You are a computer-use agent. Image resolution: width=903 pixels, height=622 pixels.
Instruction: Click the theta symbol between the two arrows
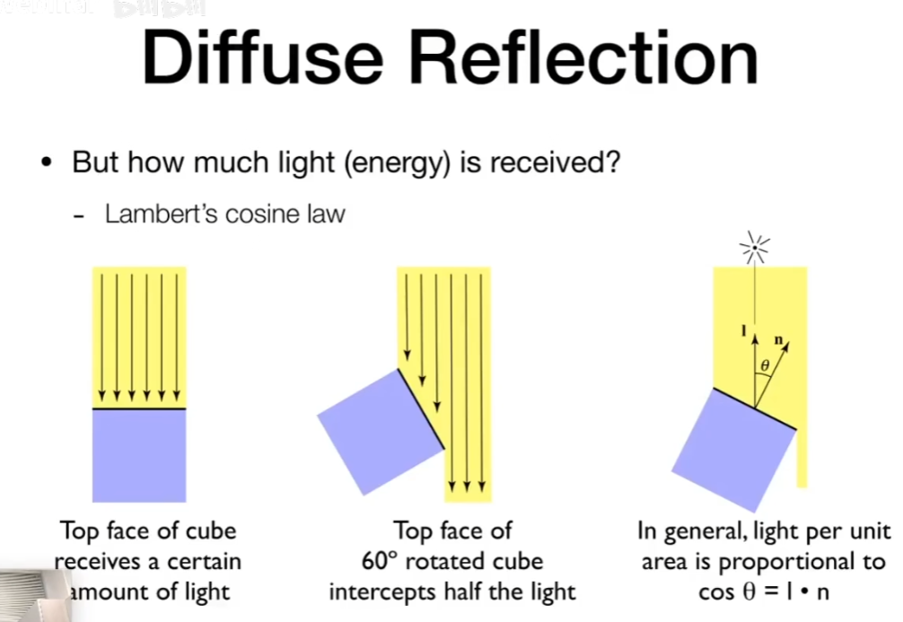[x=765, y=366]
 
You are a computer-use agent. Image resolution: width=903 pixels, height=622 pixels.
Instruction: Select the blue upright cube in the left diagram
[x=139, y=454]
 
